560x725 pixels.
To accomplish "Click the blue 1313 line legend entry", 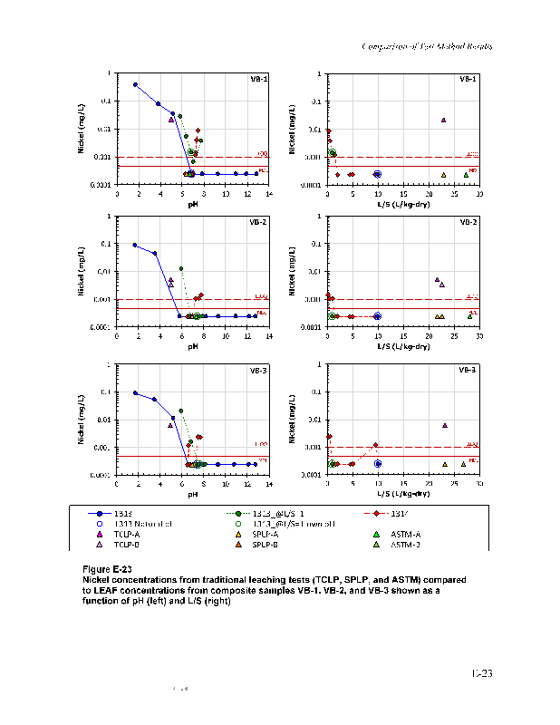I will pos(121,513).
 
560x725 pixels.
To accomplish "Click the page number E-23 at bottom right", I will pos(481,673).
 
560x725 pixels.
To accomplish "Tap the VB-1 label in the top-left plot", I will pos(258,79).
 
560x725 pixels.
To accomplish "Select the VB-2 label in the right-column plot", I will pos(468,222).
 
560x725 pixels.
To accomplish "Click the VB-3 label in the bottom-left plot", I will pos(258,370).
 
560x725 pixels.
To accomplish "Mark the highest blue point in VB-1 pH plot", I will pos(135,84).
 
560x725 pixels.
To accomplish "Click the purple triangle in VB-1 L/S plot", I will pos(443,120).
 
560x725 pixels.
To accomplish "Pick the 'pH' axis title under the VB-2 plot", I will pos(192,345).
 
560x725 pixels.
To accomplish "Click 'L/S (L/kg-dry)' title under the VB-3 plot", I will pos(403,494).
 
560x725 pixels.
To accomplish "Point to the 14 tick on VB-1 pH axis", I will pos(268,193).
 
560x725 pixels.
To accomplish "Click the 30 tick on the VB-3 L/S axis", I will pos(479,485).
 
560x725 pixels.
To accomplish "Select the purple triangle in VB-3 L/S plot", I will pos(444,425).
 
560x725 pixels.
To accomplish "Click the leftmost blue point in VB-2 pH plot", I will pos(135,245).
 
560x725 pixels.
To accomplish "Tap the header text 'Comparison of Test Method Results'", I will pos(428,45).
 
